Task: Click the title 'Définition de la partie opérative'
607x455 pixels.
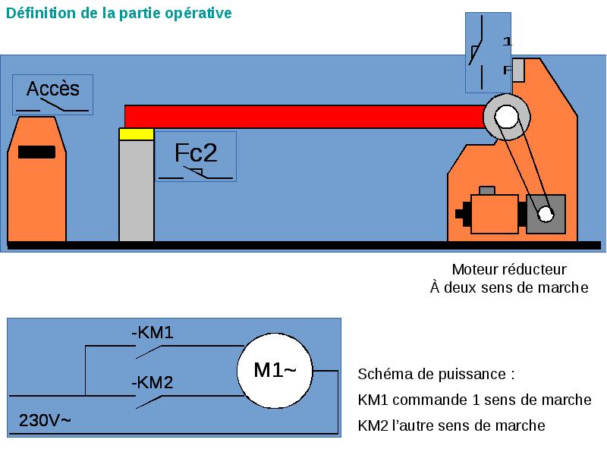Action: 119,14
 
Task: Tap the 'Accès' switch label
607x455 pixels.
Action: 52,89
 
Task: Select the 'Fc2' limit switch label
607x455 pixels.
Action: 196,153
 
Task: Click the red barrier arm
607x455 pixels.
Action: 303,117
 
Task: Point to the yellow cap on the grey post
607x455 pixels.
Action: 137,134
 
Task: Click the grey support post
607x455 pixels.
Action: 137,190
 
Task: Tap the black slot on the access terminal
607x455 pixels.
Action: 36,152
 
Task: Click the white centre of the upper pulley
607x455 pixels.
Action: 506,117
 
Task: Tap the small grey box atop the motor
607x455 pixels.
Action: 487,190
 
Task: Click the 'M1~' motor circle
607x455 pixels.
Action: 275,370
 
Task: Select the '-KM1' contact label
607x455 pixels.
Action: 153,332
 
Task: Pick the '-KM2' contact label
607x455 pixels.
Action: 153,382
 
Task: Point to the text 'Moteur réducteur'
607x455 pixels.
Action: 509,269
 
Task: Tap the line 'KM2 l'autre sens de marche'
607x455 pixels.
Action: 451,425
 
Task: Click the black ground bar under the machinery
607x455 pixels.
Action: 303,245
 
